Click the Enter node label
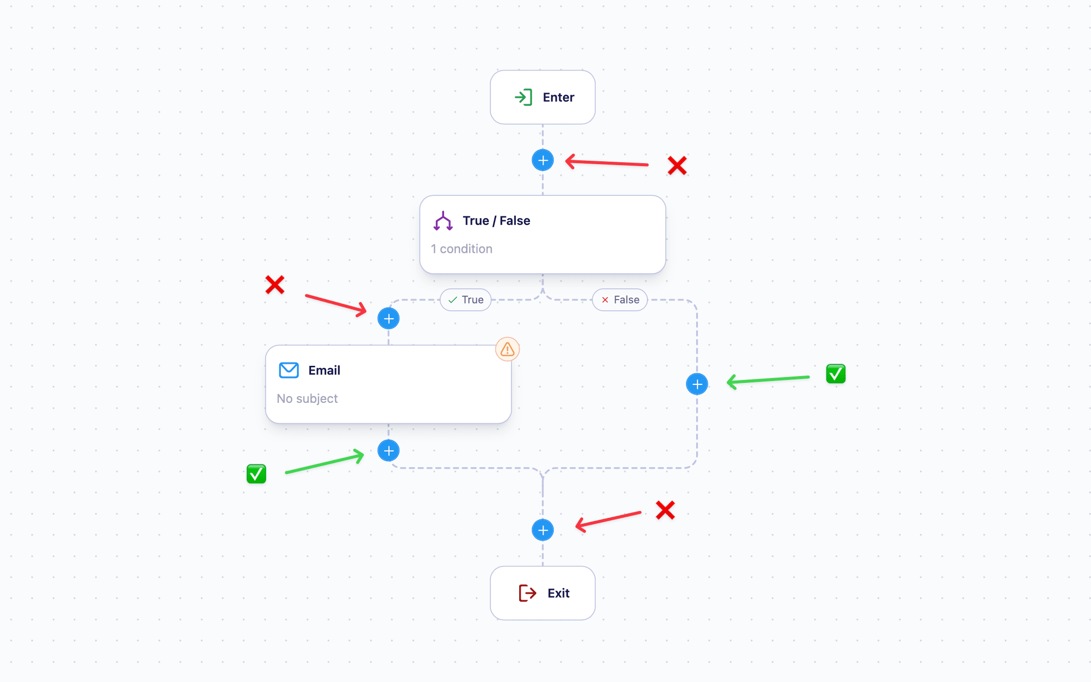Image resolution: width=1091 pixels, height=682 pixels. coord(558,97)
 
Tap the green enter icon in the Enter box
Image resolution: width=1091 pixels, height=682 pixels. coord(523,97)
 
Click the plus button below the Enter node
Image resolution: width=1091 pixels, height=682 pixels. coord(543,160)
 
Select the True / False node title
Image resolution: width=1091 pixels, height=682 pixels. coord(496,221)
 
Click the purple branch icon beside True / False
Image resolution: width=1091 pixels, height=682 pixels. coord(443,221)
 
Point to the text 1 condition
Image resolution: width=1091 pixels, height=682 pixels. coord(461,249)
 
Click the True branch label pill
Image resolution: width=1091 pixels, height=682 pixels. coord(466,300)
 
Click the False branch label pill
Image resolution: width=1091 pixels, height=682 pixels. coord(620,300)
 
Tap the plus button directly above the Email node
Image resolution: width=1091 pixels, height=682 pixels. coord(389,319)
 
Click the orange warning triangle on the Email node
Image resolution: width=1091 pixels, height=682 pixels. coord(507,349)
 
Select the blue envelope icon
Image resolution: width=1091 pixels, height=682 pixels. coord(289,370)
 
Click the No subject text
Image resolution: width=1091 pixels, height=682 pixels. coord(307,398)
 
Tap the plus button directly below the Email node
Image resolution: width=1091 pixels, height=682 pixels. coord(389,451)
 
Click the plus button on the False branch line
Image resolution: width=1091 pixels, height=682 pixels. coord(697,384)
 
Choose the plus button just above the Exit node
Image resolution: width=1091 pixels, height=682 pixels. coord(543,530)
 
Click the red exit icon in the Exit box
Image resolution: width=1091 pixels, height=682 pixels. coord(527,593)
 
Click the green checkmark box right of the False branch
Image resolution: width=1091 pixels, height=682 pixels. coord(836,374)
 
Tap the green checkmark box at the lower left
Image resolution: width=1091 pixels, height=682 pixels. coord(256,474)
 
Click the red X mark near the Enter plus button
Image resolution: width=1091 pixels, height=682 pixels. coord(677,166)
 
